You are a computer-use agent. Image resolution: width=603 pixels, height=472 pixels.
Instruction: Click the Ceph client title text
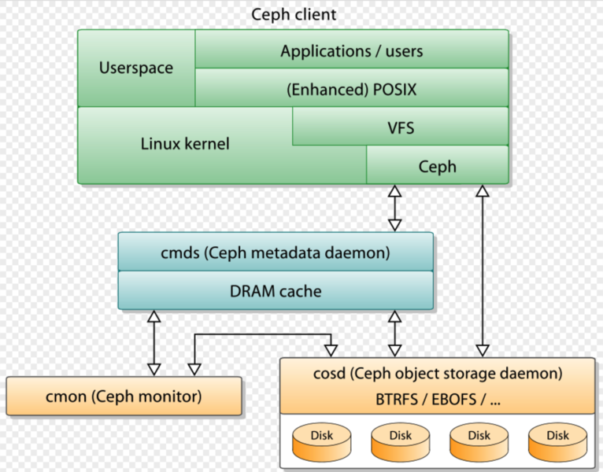(x=294, y=14)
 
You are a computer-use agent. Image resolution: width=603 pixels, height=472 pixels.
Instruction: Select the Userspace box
(x=136, y=68)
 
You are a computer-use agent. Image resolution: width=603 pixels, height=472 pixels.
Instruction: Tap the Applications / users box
(x=351, y=52)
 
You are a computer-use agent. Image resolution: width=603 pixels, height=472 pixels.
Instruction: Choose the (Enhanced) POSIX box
(x=351, y=90)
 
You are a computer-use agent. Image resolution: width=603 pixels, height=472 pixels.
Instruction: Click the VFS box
(x=400, y=127)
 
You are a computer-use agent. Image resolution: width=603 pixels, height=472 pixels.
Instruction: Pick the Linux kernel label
(x=185, y=144)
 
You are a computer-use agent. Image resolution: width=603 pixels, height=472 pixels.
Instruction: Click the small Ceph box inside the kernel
(x=437, y=166)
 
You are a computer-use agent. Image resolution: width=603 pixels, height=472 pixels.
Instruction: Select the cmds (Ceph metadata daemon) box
(x=276, y=253)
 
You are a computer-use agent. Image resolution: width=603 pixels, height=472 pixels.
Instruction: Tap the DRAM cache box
(x=276, y=291)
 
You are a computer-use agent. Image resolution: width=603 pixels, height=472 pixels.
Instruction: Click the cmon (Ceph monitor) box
(x=124, y=396)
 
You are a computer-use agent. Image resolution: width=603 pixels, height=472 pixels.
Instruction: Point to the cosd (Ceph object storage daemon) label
(x=438, y=373)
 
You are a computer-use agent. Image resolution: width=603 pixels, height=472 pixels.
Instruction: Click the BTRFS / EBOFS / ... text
(x=438, y=398)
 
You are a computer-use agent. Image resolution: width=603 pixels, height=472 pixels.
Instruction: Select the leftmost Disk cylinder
(x=321, y=442)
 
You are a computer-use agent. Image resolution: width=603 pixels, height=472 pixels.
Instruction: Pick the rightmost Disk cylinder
(x=557, y=442)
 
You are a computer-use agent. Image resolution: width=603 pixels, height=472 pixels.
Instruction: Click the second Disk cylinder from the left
(x=400, y=442)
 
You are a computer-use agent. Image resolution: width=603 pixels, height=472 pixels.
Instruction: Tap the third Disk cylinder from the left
(x=479, y=442)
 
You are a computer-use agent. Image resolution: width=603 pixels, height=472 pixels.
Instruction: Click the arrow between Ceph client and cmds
(x=394, y=208)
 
